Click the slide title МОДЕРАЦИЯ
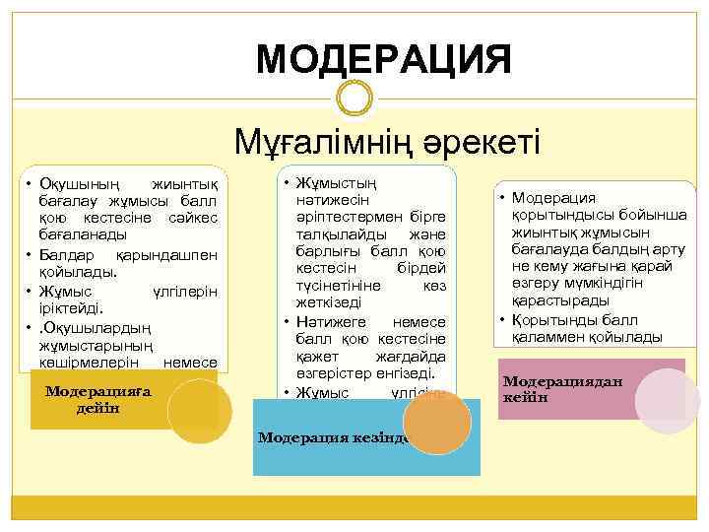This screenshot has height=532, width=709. click(x=384, y=57)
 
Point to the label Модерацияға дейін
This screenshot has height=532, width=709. click(x=98, y=399)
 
